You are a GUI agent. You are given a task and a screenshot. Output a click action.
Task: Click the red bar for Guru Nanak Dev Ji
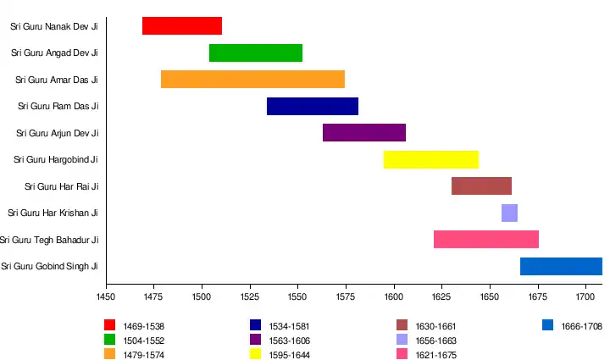[182, 25]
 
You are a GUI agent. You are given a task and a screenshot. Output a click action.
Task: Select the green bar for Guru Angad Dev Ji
[255, 53]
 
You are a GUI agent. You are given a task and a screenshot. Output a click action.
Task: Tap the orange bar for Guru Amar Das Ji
[252, 80]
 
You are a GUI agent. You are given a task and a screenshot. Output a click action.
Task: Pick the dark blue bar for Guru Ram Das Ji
[313, 106]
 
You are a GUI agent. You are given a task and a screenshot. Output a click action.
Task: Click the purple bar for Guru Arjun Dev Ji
[364, 133]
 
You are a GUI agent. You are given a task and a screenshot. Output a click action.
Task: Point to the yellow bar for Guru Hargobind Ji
[431, 159]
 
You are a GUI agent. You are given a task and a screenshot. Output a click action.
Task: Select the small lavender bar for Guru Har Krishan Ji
[509, 213]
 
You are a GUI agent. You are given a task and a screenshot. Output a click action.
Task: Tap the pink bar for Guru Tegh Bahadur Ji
[486, 239]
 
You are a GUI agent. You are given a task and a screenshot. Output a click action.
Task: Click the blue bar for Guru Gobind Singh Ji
[561, 266]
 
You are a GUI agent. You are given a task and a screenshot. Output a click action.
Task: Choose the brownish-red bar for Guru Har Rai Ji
[481, 186]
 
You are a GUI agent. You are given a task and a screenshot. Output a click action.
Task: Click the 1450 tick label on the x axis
[106, 297]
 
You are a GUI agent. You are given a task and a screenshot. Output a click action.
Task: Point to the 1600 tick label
[393, 297]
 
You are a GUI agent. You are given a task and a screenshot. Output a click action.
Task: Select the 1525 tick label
[250, 297]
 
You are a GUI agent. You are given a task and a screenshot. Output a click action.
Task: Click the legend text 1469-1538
[144, 325]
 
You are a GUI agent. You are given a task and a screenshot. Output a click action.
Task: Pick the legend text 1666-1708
[581, 325]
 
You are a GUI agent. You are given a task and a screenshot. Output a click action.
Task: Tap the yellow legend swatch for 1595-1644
[255, 354]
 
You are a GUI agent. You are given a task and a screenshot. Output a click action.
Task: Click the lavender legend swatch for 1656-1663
[402, 340]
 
